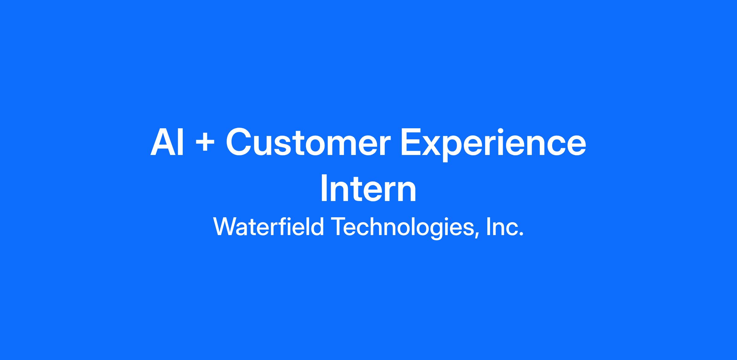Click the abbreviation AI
click(167, 142)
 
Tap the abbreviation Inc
click(505, 227)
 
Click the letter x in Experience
click(436, 146)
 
